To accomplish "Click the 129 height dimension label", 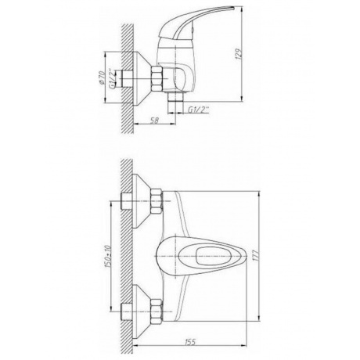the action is point(239,54).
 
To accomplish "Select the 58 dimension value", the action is point(155,120).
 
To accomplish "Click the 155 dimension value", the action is point(190,342).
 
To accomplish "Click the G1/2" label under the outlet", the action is point(199,110).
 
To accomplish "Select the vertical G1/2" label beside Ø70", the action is point(111,78).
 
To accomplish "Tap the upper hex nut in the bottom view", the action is point(157,202).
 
